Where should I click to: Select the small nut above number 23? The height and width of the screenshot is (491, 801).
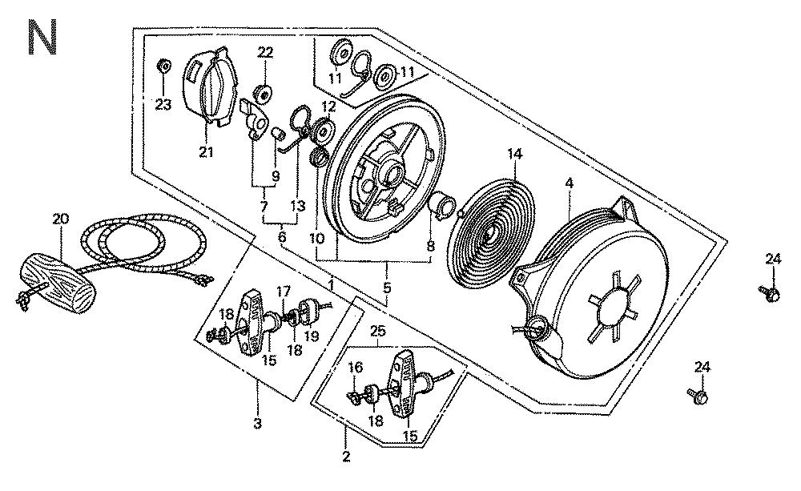pos(163,65)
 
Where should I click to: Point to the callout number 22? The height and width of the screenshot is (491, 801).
pos(265,53)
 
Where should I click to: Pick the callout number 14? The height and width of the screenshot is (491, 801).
pos(513,152)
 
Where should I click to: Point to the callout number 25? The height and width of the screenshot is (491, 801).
pos(378,330)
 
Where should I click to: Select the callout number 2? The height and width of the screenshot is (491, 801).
pos(346,457)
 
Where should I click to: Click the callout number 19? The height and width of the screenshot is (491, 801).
pos(312,336)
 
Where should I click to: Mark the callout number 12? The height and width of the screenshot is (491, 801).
pos(328,107)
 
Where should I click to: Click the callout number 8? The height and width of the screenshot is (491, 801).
pos(431,248)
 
